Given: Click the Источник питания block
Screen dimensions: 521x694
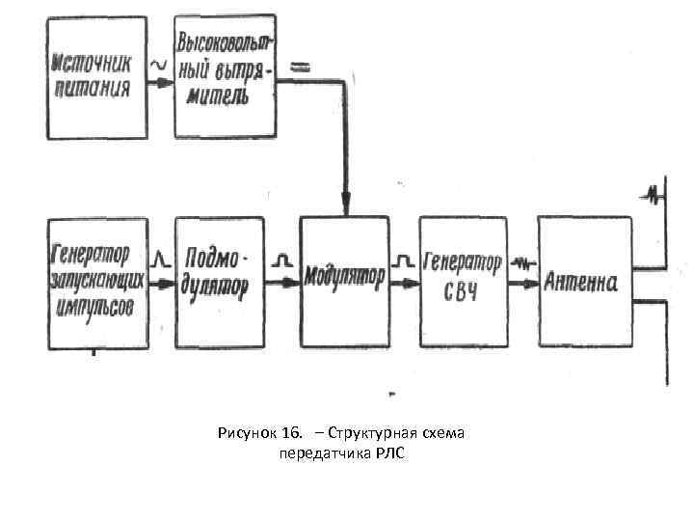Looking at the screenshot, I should tap(96, 77).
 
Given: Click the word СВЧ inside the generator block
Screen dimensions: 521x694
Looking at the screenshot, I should tap(463, 291).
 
